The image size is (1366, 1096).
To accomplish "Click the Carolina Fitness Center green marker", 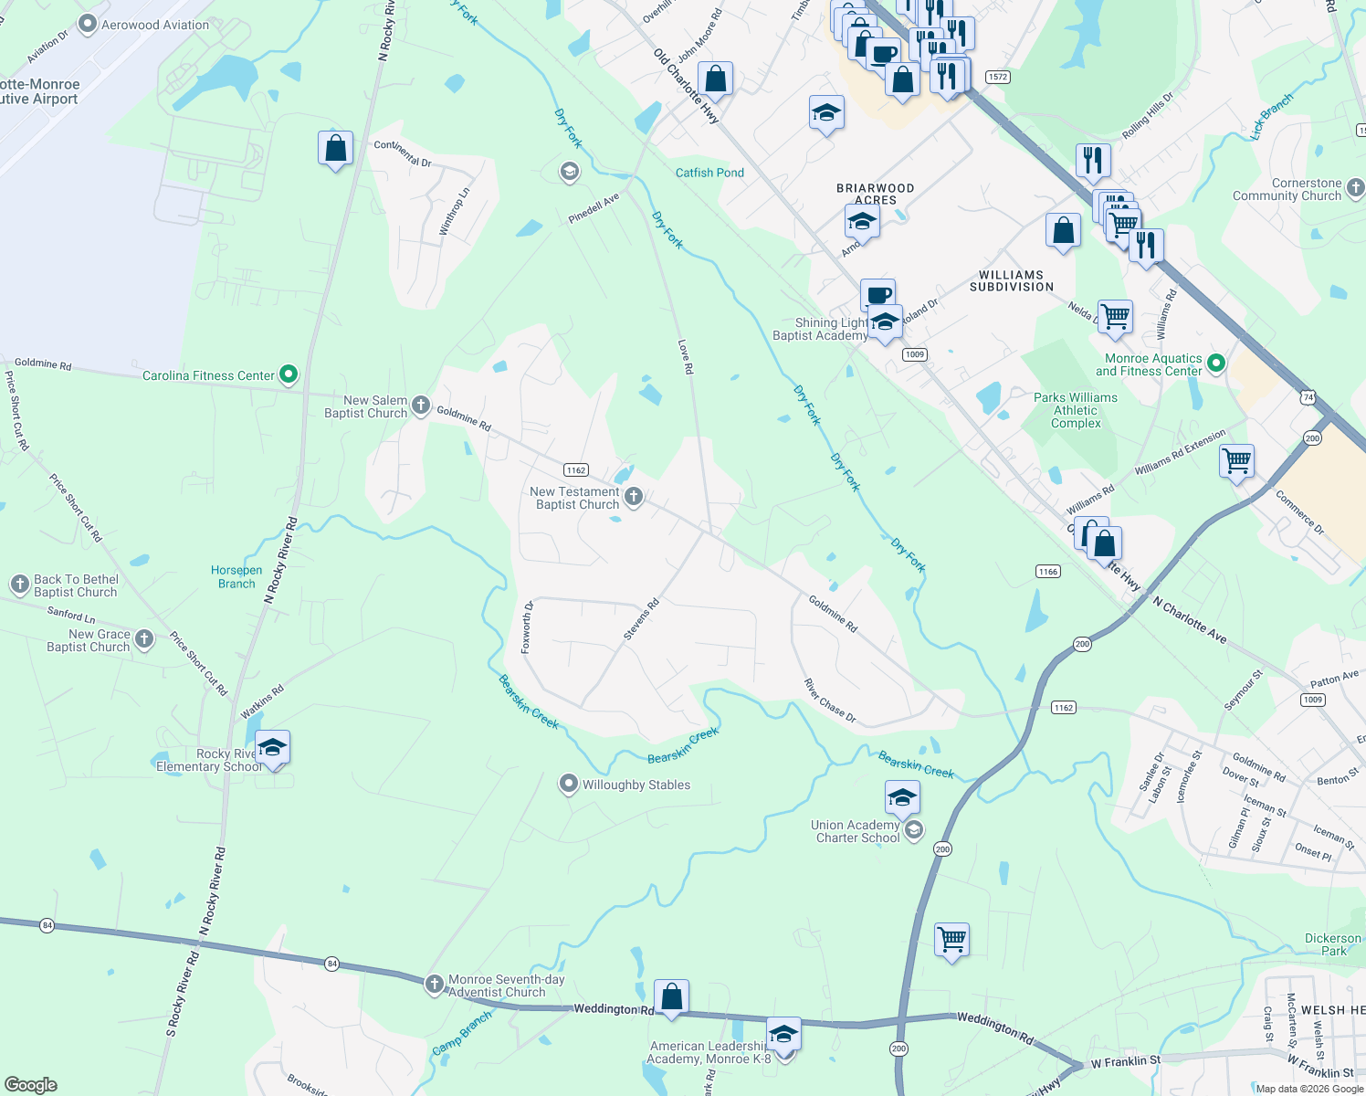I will pos(289,374).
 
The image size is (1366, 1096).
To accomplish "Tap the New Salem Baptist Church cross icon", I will pos(421,406).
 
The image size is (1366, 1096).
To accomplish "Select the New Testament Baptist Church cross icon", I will pos(634,497).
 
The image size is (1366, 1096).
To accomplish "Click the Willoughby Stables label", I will pos(636,785).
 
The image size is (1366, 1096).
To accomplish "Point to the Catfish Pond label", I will pos(709,173).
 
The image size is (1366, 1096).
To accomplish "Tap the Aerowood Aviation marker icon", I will pos(88,25).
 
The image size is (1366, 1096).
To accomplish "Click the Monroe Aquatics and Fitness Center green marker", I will pos(1216,364).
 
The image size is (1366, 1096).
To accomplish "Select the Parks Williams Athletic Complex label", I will pos(1076,410).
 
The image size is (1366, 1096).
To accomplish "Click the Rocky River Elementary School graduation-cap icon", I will pos(272,748).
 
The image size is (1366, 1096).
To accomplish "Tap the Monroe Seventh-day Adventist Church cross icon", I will pos(436,985).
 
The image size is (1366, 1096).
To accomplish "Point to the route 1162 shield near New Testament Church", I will pos(575,470).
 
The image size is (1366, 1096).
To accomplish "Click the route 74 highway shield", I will pos(1308,397).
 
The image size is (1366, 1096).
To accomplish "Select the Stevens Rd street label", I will pos(641,619).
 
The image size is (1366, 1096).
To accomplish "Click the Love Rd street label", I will pos(686,357).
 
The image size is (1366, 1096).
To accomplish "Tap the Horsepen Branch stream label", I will pos(236,577).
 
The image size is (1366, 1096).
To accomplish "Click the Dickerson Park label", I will pos(1333,944).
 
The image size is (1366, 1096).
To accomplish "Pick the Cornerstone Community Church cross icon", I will pos(1355,189).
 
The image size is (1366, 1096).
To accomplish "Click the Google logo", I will pos(31,1085).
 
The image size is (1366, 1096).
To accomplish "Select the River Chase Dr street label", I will pos(830,701).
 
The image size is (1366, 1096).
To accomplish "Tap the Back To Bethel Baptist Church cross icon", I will pos(20,585).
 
